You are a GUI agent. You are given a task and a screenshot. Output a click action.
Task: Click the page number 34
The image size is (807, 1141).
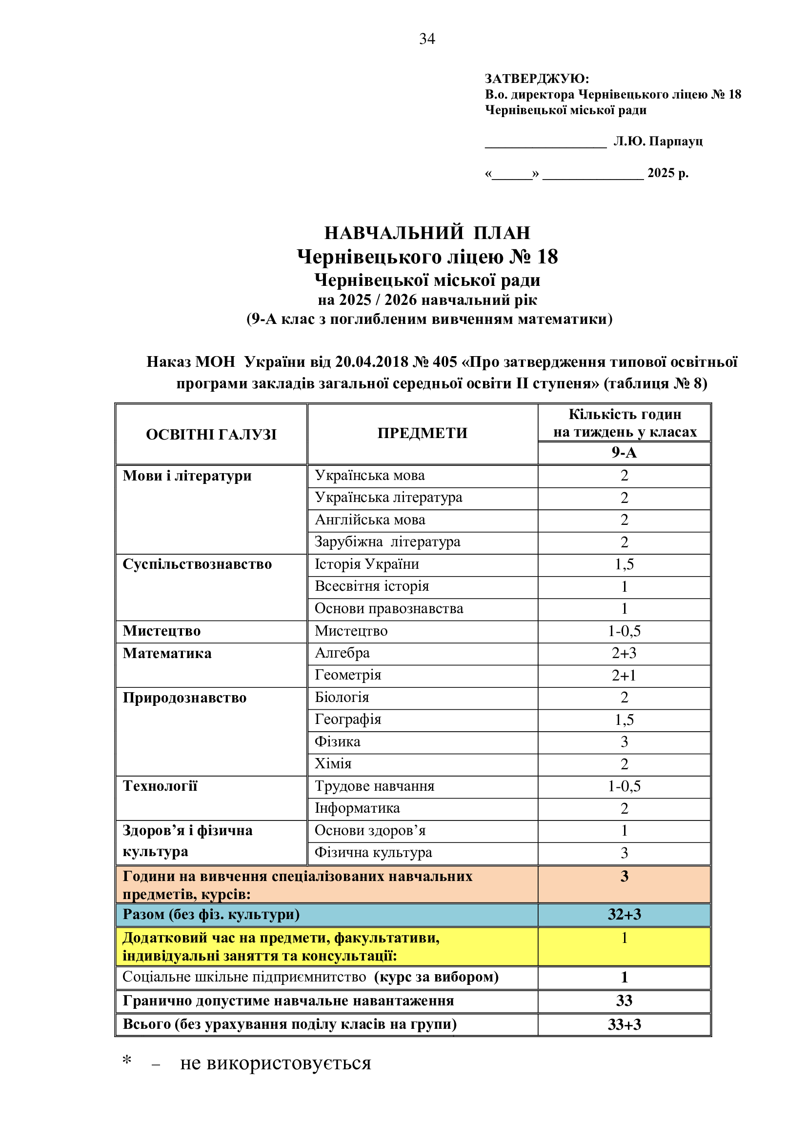[x=427, y=39]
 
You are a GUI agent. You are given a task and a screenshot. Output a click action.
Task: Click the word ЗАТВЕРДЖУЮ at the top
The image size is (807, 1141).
[x=536, y=79]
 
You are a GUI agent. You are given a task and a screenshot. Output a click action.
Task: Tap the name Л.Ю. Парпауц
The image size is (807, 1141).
[x=658, y=141]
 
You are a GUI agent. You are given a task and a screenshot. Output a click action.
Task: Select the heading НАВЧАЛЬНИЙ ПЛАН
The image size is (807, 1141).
[x=427, y=233]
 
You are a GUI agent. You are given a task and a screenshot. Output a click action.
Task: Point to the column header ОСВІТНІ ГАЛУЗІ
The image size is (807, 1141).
[x=211, y=434]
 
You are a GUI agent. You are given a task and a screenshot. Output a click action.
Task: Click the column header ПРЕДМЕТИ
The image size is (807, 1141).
[x=423, y=433]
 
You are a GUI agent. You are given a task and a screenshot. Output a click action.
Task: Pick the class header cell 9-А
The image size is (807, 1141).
[x=624, y=452]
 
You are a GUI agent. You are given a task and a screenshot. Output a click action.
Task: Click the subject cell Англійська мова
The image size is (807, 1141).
[x=370, y=520]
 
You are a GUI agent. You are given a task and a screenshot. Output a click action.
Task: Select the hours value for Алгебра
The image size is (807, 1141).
[x=624, y=653]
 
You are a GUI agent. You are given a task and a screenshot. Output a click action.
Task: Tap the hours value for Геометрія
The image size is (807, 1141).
[x=624, y=675]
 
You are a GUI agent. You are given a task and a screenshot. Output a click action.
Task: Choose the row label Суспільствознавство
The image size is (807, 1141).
[x=197, y=564]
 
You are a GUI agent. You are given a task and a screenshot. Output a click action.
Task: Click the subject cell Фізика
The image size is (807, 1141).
[x=338, y=741]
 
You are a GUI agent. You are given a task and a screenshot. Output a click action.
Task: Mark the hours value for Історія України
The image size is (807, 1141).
[x=624, y=564]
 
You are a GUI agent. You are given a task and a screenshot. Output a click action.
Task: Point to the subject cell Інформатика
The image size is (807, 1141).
[x=357, y=808]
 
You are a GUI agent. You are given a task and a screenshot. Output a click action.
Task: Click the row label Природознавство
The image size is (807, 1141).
[x=184, y=698]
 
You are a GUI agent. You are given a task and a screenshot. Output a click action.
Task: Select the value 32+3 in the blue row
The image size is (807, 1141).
[x=624, y=914]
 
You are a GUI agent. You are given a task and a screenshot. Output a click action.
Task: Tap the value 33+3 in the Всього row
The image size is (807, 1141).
[x=624, y=1024]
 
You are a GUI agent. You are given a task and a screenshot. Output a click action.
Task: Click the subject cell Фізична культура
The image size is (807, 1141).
[x=373, y=852]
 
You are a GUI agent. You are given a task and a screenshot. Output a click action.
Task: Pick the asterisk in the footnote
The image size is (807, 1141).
[x=127, y=1061]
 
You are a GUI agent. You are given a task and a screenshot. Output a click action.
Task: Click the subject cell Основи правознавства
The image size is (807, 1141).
[x=388, y=608]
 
